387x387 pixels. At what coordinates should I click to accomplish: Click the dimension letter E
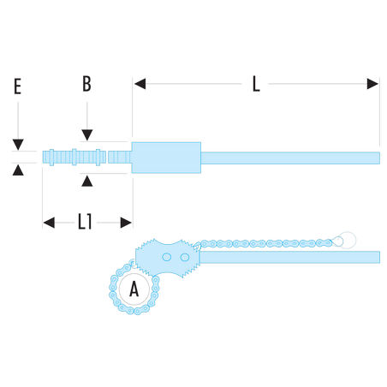pos(18,86)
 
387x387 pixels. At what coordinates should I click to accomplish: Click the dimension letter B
pos(86,84)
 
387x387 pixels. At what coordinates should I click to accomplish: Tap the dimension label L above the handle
pos(256,84)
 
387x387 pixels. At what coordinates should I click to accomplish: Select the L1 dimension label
pos(85,222)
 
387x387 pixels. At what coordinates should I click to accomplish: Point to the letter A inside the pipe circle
pos(134,289)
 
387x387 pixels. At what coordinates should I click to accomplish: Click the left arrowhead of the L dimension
pos(140,84)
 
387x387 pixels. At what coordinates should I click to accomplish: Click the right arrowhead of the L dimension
pos(372,84)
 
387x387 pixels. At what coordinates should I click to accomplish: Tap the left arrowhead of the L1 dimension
pos(49,223)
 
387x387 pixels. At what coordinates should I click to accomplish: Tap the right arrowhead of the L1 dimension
pos(126,223)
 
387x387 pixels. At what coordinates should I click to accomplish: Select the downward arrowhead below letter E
pos(18,145)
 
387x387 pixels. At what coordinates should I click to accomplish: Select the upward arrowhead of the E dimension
pos(18,170)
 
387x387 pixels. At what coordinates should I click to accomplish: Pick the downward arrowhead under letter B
pos(87,135)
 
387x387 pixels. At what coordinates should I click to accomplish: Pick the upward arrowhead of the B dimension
pos(87,181)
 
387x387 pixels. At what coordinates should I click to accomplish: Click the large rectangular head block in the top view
pos(166,158)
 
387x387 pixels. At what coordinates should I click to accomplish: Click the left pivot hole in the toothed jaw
pos(167,257)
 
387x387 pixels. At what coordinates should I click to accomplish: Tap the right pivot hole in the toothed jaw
pos(185,258)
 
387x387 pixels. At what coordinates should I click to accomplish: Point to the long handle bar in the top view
pos(290,158)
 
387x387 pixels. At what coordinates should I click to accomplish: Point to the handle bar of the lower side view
pos(289,257)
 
